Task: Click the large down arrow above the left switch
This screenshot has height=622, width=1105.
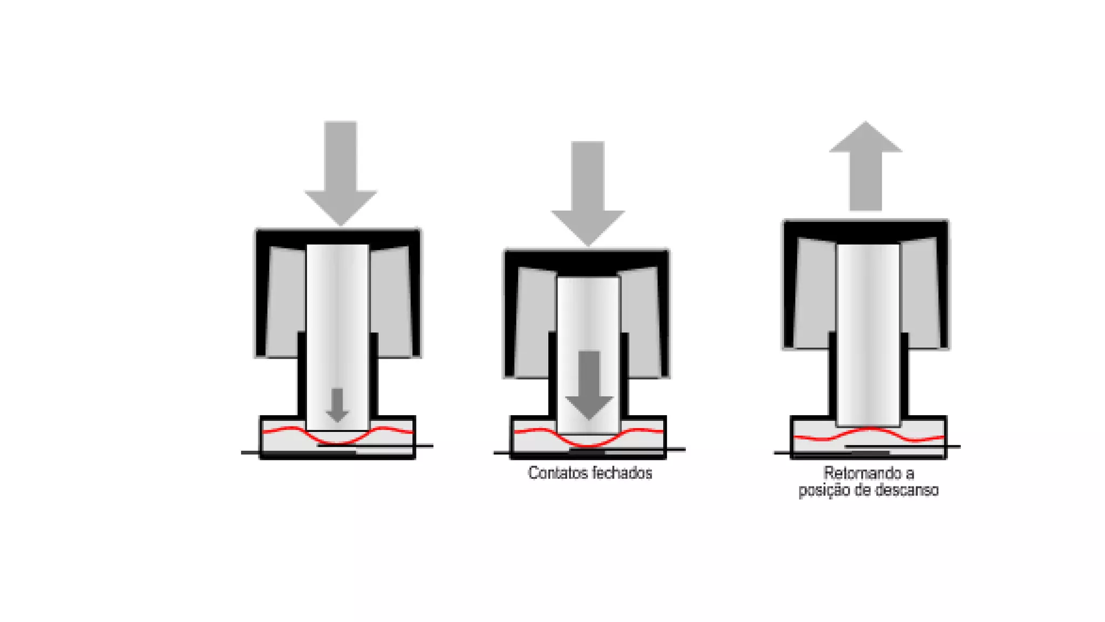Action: click(340, 173)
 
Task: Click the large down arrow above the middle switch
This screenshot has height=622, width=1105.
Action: click(588, 192)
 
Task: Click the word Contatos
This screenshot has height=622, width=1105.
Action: click(557, 474)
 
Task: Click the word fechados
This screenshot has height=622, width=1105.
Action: click(622, 474)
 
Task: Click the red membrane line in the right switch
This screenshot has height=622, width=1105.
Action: click(917, 439)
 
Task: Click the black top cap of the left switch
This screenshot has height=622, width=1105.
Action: click(338, 236)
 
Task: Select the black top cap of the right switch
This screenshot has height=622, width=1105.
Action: click(865, 229)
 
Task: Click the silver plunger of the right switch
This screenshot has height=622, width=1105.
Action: click(868, 335)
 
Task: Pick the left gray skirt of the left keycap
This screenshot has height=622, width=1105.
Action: click(286, 302)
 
